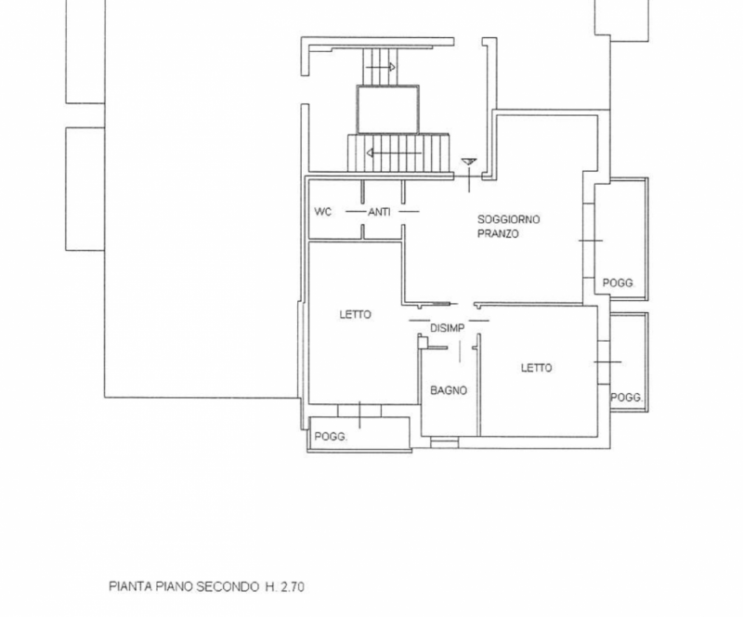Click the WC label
tap(322, 212)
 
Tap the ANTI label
tap(379, 212)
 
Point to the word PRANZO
tap(498, 233)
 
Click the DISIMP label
tap(448, 328)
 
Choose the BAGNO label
tap(449, 390)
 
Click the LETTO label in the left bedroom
tap(356, 314)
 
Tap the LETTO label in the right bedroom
tap(537, 368)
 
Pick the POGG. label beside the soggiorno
tap(619, 282)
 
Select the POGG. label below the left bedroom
tap(331, 437)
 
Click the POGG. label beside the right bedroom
tap(626, 398)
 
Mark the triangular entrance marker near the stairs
tap(469, 163)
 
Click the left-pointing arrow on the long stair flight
tap(394, 153)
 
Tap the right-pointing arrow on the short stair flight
tap(381, 67)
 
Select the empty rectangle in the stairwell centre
tap(387, 110)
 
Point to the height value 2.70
tap(292, 586)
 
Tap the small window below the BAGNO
tap(445, 442)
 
